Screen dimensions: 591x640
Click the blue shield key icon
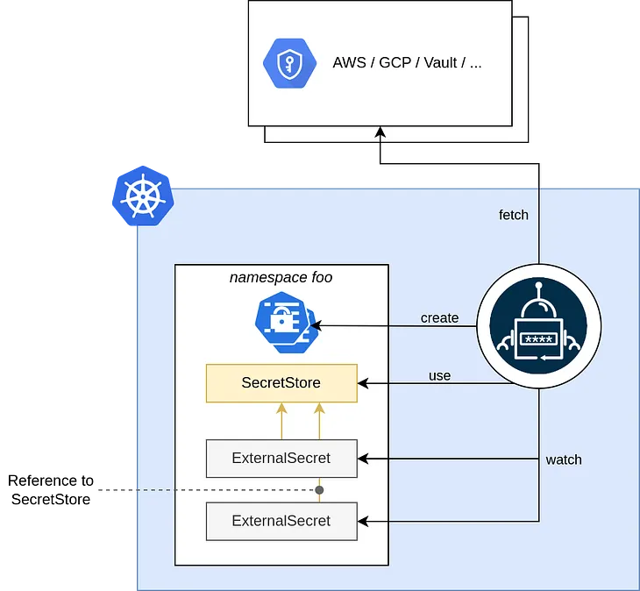[x=290, y=63]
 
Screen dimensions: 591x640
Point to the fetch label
[x=514, y=215]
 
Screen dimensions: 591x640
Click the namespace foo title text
[x=281, y=278]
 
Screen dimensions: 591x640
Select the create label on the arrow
[x=439, y=317]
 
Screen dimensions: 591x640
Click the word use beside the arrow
[x=439, y=375]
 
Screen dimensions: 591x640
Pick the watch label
[x=563, y=459]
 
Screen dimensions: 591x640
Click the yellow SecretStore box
[x=281, y=383]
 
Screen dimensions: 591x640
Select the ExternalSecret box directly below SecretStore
[x=281, y=458]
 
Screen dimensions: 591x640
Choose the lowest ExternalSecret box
[x=281, y=521]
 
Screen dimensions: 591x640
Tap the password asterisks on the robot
[x=539, y=338]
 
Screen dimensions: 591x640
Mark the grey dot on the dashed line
[x=320, y=489]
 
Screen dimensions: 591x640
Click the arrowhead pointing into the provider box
[x=380, y=132]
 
